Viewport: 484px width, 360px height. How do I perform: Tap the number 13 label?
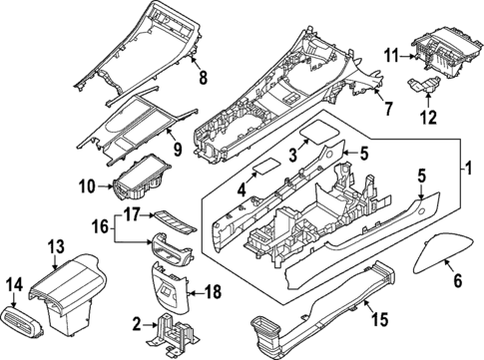coord(56,245)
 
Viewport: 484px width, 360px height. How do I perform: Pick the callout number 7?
coord(390,107)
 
